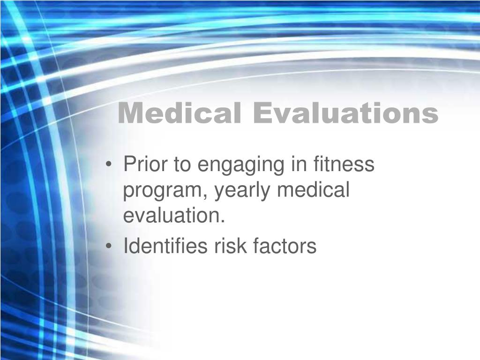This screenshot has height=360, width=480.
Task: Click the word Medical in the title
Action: coord(180,113)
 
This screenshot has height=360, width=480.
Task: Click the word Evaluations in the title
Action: coord(346,113)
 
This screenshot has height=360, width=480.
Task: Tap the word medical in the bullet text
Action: coord(313,189)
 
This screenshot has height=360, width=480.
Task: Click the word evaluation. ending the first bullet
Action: coord(174,215)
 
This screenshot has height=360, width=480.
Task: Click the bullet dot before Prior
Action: coord(108,165)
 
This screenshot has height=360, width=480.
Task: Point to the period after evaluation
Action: coord(223,221)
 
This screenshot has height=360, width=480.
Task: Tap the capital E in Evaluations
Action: coord(263,113)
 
